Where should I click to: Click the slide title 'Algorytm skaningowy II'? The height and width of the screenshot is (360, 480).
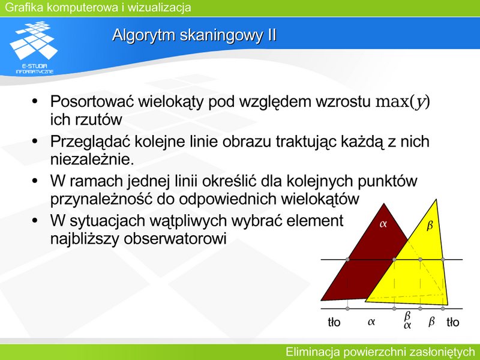pos(194,35)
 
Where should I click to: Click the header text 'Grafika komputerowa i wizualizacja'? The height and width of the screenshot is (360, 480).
pos(98,7)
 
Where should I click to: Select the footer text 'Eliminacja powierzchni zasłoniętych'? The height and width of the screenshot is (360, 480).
pos(380,352)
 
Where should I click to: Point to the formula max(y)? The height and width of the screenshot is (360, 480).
pos(403,102)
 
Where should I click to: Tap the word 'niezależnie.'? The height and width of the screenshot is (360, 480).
pos(92,159)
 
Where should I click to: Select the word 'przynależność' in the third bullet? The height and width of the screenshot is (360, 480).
pos(101,200)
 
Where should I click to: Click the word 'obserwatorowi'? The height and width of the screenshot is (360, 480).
pos(175,238)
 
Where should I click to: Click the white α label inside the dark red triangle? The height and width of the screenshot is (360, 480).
pos(383,224)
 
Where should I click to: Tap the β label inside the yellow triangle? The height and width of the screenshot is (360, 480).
pos(430,226)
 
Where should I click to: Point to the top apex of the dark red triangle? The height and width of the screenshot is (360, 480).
pos(384,203)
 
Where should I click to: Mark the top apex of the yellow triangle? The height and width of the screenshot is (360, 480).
pos(436,199)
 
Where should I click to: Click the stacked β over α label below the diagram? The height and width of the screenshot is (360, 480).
pos(407,320)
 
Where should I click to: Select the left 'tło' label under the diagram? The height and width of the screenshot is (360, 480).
pos(334,322)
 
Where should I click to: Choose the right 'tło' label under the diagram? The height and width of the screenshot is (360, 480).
pos(453,322)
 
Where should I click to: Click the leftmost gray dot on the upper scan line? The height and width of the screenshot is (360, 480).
pos(347,260)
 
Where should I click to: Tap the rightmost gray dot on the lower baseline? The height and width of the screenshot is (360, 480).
pos(443,308)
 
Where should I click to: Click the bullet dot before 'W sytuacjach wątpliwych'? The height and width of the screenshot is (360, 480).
pos(35,220)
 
